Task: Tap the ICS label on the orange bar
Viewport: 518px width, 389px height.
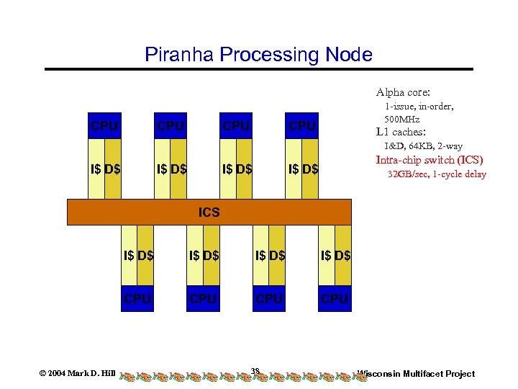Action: (x=209, y=213)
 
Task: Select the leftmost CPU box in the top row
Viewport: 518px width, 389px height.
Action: (x=105, y=126)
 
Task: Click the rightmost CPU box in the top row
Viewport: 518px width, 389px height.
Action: (x=302, y=126)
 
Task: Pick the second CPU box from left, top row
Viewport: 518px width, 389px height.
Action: (x=171, y=126)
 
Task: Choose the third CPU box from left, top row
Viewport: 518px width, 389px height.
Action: (x=236, y=126)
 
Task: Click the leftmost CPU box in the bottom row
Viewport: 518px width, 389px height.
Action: (x=137, y=298)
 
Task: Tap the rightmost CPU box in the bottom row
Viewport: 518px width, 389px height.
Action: (x=335, y=298)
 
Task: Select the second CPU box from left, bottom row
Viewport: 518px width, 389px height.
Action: (x=203, y=298)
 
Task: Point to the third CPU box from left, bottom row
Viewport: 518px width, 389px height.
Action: (x=269, y=298)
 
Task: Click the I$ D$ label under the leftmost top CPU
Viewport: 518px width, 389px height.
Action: (x=105, y=170)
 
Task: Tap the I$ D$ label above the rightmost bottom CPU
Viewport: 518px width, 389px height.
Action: (x=335, y=255)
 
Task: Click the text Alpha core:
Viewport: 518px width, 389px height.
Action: (x=403, y=92)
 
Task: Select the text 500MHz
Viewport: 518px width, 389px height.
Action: (x=402, y=119)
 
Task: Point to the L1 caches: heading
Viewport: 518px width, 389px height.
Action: (x=401, y=133)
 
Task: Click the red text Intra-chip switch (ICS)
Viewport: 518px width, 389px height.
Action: (x=430, y=160)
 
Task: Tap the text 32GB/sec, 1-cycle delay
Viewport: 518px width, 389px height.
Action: (x=437, y=174)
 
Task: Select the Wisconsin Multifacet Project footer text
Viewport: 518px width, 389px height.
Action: (x=417, y=373)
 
